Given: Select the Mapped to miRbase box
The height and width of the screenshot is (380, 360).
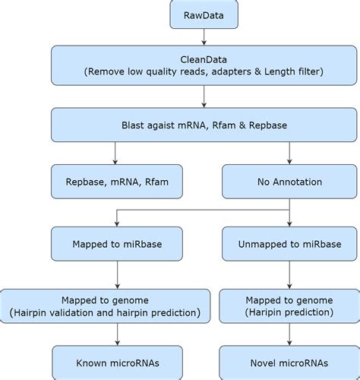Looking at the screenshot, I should (115, 244).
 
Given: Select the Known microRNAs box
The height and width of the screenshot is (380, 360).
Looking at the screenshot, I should (115, 363).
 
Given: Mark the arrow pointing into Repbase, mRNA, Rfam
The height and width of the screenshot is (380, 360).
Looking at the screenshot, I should (115, 157).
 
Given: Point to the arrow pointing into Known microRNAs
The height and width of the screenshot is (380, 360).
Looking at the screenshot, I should (115, 335).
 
